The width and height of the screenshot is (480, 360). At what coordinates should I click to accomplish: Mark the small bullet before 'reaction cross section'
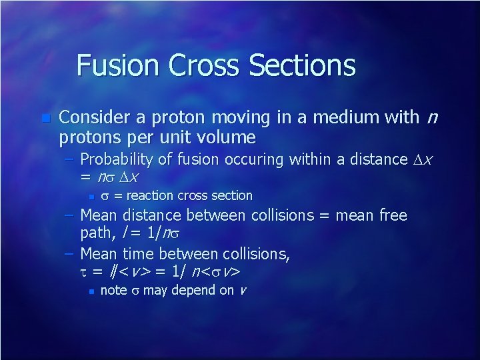point(90,197)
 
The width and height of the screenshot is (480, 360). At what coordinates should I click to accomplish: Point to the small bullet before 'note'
point(90,291)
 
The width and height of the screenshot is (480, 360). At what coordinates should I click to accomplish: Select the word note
point(113,291)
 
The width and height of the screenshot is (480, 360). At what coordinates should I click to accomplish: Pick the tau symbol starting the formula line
point(85,273)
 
